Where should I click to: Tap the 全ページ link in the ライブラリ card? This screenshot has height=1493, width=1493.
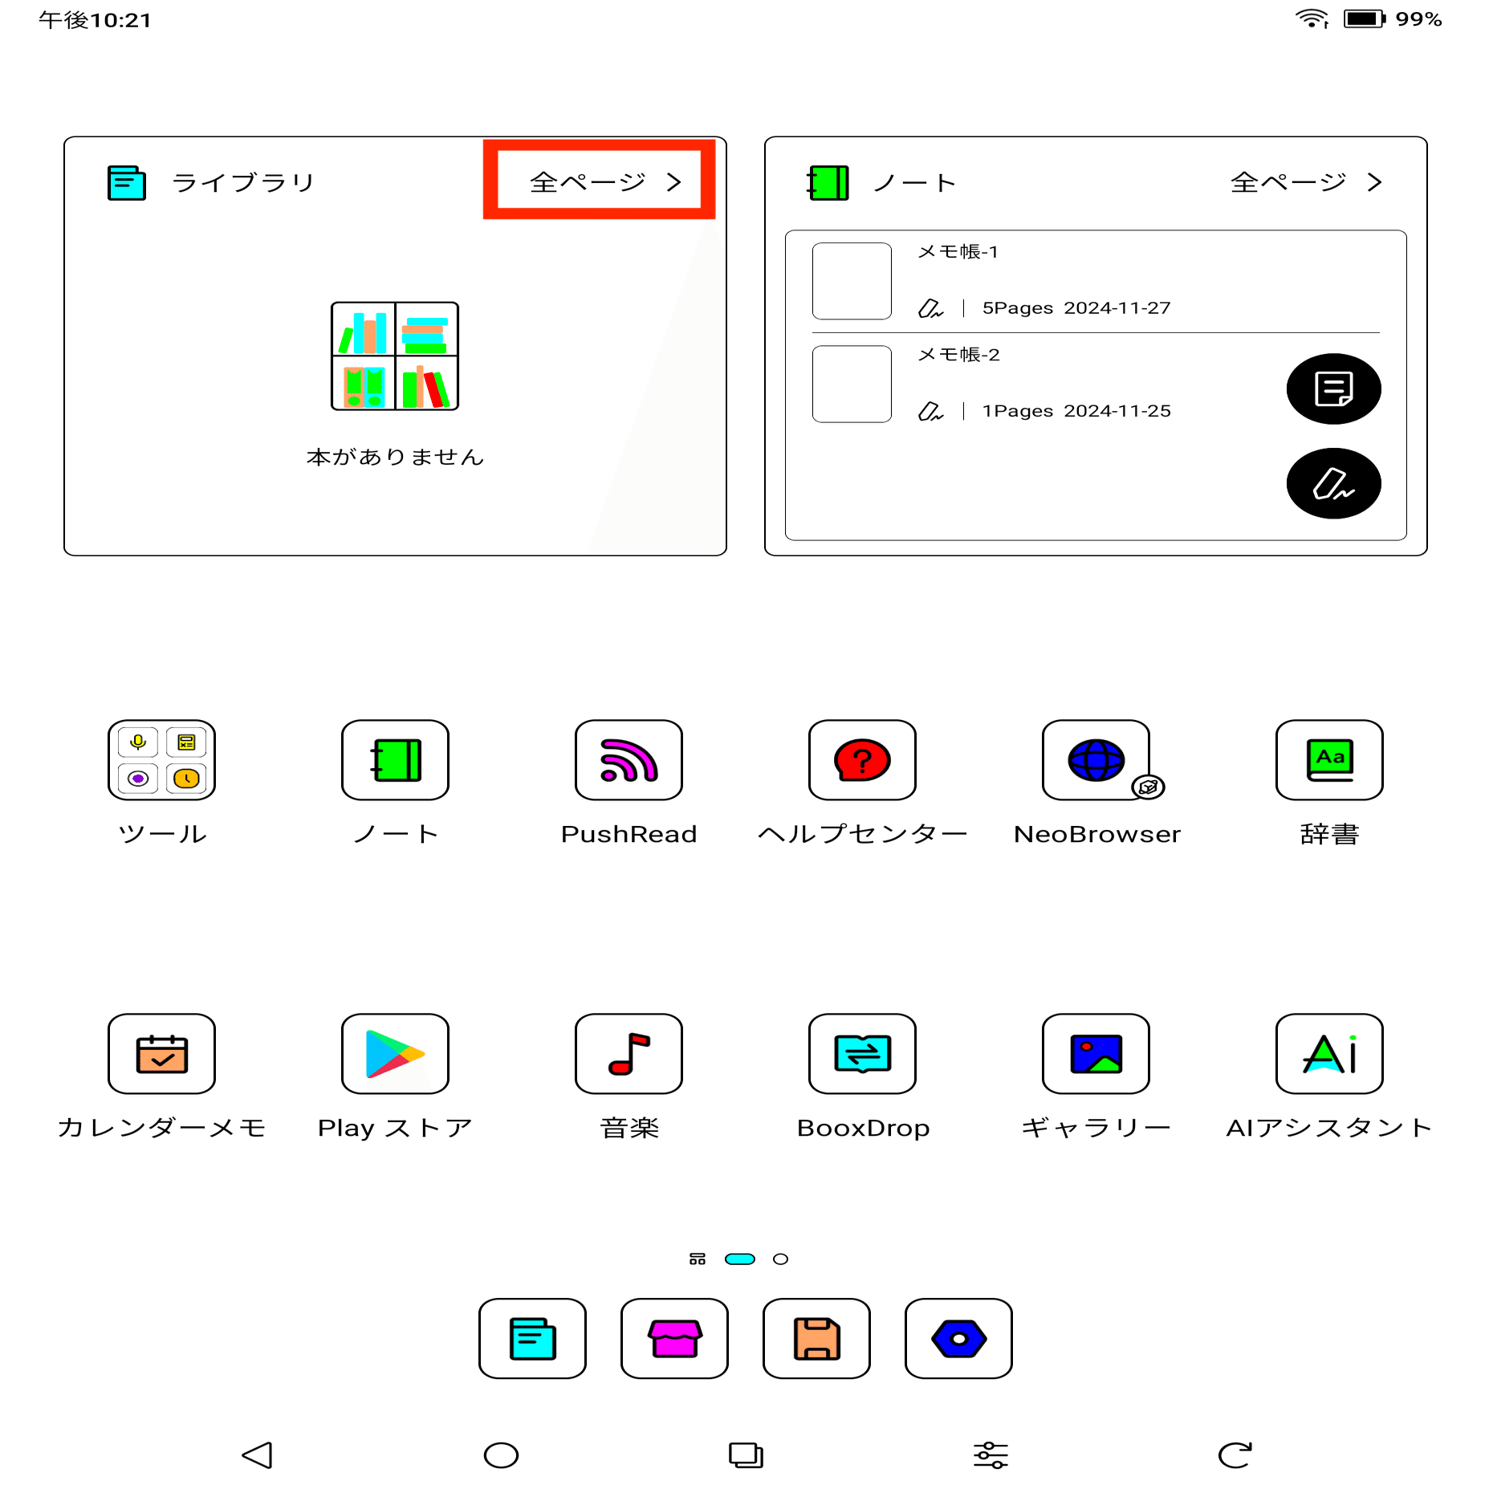tap(604, 182)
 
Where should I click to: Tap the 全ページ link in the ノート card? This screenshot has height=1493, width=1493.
tap(1304, 182)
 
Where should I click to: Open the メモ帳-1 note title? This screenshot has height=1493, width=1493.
tap(958, 252)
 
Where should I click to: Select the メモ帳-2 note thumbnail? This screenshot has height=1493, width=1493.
tap(852, 384)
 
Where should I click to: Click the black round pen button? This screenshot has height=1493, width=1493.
tap(1332, 483)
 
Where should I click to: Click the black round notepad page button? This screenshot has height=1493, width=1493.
tap(1332, 389)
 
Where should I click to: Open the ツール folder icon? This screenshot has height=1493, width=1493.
tap(161, 759)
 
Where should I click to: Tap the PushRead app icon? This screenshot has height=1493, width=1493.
tap(629, 759)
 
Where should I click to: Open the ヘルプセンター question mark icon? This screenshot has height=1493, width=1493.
tap(862, 759)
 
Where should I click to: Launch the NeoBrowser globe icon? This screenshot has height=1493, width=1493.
tap(1096, 759)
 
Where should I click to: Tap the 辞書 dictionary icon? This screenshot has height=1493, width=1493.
tap(1329, 759)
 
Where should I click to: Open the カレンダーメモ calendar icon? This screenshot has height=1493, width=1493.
tap(161, 1053)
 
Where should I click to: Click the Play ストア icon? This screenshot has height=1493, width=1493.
tap(395, 1053)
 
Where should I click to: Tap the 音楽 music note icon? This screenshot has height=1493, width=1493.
tap(629, 1053)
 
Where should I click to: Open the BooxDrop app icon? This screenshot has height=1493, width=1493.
tap(862, 1053)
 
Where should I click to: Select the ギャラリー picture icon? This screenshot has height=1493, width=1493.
tap(1096, 1053)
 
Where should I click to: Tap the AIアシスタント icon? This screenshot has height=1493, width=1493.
tap(1329, 1053)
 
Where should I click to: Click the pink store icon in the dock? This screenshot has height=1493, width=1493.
tap(674, 1338)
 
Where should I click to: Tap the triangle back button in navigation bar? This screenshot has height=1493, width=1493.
tap(258, 1454)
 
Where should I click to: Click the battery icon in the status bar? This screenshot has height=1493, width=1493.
tap(1364, 18)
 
